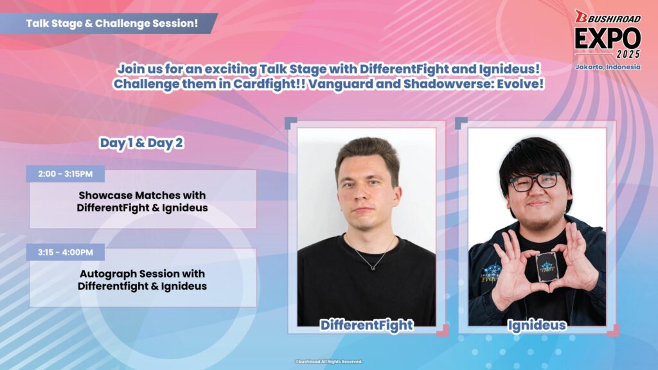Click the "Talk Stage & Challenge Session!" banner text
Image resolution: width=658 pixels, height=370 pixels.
[112, 24]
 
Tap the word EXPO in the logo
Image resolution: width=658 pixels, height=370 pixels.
[607, 39]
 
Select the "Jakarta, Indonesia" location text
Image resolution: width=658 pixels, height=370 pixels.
[608, 67]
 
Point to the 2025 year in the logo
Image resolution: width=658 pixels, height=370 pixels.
[628, 54]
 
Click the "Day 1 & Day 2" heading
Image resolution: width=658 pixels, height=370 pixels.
[141, 143]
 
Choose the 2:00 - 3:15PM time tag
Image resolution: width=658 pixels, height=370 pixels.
[66, 173]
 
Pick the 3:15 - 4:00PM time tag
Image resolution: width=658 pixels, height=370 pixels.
[66, 252]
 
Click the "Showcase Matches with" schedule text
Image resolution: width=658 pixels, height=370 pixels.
[142, 195]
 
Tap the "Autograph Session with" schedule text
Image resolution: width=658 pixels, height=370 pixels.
[142, 274]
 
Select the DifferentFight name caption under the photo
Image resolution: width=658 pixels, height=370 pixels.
[366, 325]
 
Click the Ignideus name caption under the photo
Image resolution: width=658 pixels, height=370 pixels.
[537, 326]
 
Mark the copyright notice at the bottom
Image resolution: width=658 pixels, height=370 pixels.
[328, 362]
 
